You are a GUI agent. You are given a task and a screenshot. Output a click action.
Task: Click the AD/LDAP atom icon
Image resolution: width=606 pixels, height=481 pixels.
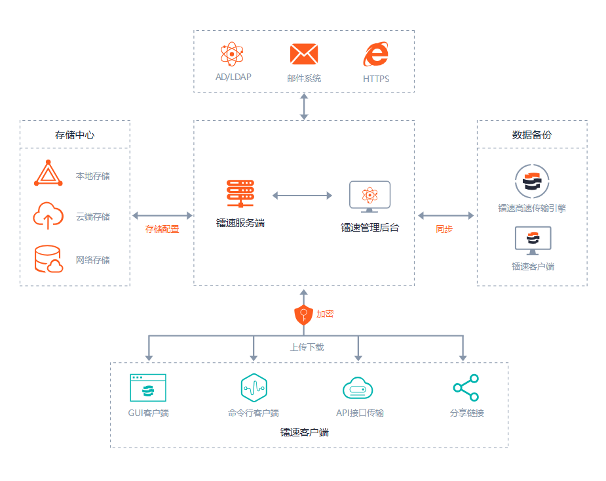[x=233, y=54]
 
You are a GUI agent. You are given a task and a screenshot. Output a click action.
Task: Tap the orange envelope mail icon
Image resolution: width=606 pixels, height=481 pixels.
[x=304, y=54]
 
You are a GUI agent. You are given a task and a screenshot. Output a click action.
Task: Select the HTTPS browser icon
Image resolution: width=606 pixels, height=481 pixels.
[x=375, y=54]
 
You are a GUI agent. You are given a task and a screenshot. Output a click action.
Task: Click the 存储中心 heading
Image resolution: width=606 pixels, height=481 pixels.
[x=75, y=135]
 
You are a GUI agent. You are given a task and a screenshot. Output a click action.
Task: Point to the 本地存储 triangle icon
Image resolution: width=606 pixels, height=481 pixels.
[x=48, y=174]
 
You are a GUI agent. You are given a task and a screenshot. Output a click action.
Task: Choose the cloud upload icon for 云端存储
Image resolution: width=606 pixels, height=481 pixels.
[x=48, y=215]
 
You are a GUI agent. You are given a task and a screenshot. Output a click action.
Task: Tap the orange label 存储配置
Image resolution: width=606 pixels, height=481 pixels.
[x=162, y=229]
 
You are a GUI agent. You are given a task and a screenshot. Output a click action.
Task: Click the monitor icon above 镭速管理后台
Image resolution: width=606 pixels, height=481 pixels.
[x=369, y=196]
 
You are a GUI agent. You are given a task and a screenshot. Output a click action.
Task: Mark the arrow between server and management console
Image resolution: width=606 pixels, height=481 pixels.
[x=302, y=195]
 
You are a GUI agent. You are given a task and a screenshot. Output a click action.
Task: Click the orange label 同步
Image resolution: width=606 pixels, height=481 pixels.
[x=444, y=229]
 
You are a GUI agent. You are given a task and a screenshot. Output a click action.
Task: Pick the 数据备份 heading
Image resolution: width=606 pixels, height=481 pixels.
[x=531, y=135]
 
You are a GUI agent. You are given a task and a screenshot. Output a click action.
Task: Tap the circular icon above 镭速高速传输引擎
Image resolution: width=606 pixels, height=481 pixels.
[x=531, y=181]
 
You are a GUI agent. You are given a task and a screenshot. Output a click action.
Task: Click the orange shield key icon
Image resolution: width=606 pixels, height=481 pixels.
[x=303, y=315]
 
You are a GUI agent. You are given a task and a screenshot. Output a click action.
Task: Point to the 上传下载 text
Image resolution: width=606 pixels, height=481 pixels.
[x=307, y=346]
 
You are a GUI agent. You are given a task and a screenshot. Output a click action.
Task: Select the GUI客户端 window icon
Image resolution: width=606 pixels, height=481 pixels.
[x=148, y=388]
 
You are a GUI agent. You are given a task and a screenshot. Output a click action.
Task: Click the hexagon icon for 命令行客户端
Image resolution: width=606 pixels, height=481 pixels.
[x=254, y=388]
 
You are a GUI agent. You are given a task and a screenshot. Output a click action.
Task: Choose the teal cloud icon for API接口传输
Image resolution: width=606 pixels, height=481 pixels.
[x=358, y=388]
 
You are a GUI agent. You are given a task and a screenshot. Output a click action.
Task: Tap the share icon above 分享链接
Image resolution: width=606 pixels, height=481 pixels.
[x=466, y=388]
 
